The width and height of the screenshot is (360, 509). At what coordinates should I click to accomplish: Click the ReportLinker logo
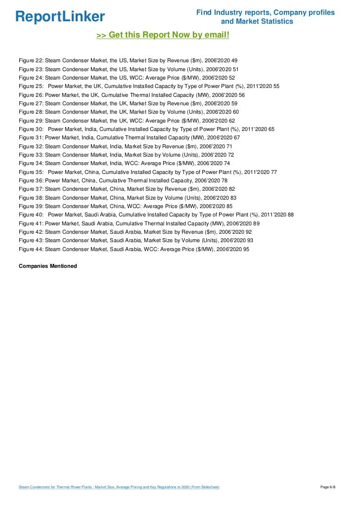coord(60,16)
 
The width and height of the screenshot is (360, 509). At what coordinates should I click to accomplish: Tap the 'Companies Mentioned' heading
coord(47,266)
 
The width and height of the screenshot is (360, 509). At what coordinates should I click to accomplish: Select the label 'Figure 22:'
coord(31,60)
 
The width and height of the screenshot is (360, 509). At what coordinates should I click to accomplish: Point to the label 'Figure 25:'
coord(31,86)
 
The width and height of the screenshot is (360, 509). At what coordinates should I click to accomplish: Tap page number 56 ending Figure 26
coord(242,94)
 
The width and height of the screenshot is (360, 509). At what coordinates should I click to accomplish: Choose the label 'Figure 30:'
coord(31,129)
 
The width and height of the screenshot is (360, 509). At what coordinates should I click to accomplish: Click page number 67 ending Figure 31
coord(237,137)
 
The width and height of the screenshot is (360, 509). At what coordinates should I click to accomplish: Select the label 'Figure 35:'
coord(31,172)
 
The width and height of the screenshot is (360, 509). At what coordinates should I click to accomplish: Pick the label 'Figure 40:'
coord(31,215)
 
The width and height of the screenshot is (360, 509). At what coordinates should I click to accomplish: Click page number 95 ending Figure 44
coord(246,249)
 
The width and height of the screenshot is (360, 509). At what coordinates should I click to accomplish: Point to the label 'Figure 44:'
coord(31,249)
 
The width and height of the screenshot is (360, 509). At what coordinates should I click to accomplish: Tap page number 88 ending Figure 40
coord(291,215)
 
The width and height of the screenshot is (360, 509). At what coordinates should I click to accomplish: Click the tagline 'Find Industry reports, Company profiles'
coord(266,12)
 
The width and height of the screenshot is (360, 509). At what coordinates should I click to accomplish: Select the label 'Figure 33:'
coord(31,155)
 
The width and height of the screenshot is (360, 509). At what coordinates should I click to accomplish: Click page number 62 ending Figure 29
coord(232,121)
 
